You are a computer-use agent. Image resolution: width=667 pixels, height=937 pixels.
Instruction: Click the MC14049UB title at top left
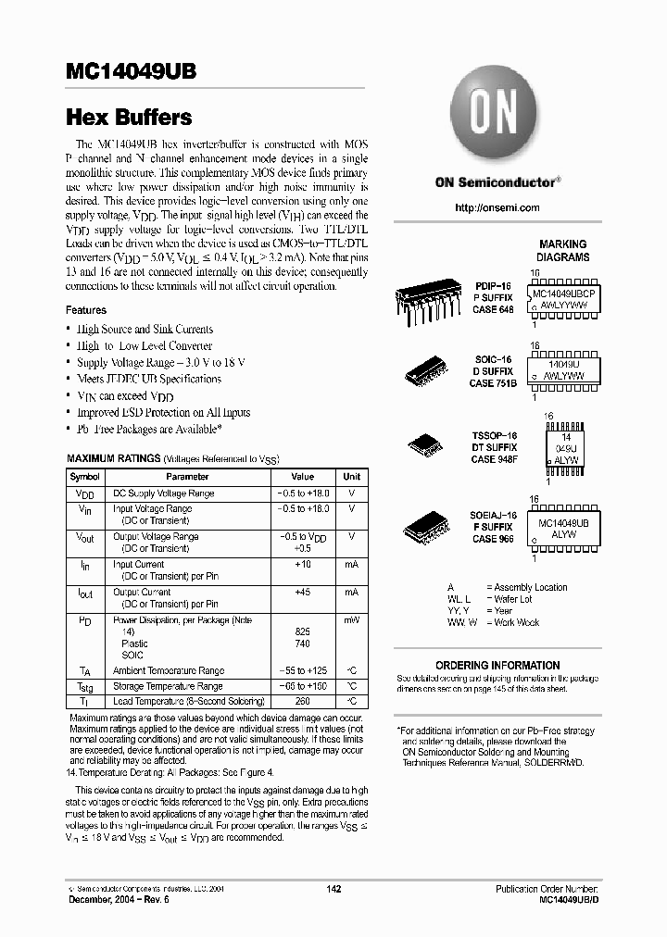click(131, 74)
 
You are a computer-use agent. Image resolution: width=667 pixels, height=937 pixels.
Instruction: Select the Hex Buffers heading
click(129, 119)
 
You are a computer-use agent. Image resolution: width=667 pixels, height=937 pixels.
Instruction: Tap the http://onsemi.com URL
click(497, 207)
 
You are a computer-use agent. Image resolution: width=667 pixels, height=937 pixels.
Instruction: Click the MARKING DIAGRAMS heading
click(562, 251)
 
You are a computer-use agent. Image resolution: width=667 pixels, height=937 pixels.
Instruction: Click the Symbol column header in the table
click(84, 476)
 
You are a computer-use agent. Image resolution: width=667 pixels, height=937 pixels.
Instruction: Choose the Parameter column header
click(187, 476)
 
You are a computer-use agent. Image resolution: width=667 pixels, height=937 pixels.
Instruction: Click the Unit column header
click(351, 476)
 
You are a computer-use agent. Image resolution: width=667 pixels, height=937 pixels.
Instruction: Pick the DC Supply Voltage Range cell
click(163, 493)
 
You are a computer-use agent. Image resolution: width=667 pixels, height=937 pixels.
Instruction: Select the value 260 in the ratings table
click(301, 701)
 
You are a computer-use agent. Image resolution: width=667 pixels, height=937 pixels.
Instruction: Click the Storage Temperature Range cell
click(168, 686)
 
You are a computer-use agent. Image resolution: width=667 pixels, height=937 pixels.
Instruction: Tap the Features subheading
click(86, 310)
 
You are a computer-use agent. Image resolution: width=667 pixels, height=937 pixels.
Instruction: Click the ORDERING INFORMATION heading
click(497, 665)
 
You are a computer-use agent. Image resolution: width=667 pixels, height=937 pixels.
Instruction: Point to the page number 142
click(334, 889)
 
